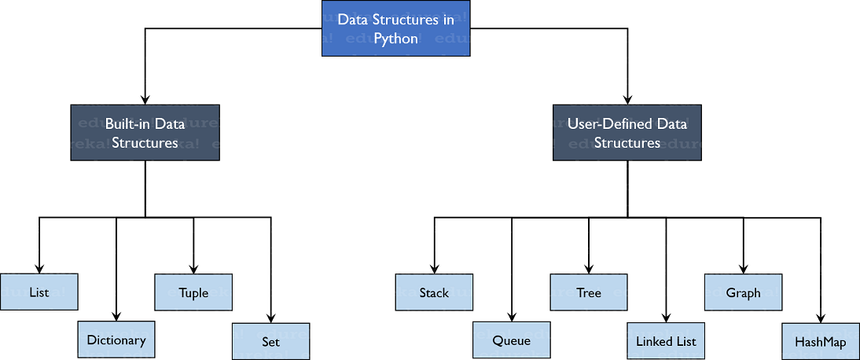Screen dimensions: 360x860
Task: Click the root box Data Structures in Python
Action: pos(395,29)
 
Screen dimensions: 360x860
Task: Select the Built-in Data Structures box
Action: pos(145,133)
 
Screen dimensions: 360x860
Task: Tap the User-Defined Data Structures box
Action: pos(627,133)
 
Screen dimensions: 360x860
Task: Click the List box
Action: pos(39,292)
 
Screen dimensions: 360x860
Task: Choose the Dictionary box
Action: pos(116,340)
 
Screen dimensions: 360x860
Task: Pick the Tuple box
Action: pos(193,292)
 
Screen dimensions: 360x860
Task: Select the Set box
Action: pos(270,341)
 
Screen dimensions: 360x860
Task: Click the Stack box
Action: pos(434,292)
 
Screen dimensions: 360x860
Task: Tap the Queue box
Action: pos(511,340)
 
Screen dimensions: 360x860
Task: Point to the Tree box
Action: pos(589,292)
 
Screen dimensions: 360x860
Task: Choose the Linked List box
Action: pos(666,341)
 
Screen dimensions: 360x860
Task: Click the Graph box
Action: pos(743,292)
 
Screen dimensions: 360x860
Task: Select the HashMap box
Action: pos(820,341)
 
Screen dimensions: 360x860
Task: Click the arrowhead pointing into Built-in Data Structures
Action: pos(145,99)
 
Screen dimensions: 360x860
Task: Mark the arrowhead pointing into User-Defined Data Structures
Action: pos(627,99)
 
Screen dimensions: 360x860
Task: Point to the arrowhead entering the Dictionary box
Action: pos(116,316)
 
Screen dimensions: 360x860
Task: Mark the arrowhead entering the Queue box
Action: pos(512,317)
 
